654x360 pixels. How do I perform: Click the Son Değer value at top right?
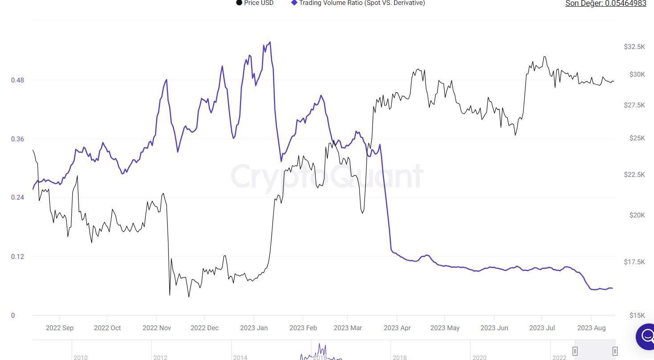point(605,4)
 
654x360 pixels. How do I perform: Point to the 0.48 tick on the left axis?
point(17,80)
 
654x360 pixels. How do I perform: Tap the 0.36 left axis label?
point(17,139)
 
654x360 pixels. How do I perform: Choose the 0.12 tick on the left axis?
point(17,257)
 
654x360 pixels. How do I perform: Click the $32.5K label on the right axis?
point(634,47)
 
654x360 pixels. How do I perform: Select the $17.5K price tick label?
point(634,262)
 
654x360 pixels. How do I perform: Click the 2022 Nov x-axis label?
point(156,328)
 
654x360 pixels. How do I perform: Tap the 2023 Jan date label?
point(253,328)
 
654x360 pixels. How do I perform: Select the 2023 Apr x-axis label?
point(396,328)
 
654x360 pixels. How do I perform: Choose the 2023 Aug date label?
point(591,328)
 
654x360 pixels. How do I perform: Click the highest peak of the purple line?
point(270,43)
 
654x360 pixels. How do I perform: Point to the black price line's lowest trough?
point(189,297)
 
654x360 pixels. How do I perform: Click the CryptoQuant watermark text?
point(327,176)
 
